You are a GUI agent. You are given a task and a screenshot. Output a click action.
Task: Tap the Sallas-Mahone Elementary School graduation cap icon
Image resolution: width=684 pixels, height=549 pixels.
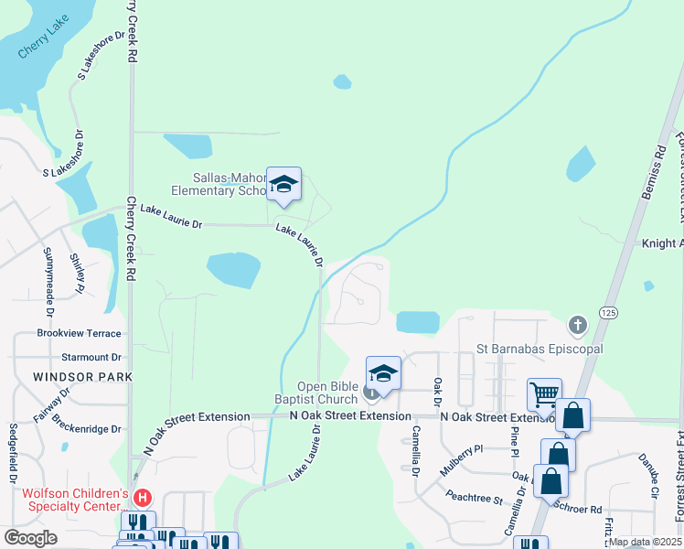point(283,185)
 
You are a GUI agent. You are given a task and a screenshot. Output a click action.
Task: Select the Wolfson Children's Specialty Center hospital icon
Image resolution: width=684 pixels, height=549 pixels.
point(143,499)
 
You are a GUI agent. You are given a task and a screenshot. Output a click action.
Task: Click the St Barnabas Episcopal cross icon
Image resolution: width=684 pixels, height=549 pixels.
point(576,325)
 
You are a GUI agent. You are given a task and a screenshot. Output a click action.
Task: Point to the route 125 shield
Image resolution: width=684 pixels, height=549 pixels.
point(608,313)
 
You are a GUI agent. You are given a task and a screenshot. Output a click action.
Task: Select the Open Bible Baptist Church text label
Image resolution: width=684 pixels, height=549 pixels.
point(316,393)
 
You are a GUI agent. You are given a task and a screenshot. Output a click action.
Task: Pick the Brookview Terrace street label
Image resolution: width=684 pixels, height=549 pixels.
point(79,334)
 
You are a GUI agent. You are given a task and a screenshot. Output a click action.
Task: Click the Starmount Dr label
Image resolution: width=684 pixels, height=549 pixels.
point(91,357)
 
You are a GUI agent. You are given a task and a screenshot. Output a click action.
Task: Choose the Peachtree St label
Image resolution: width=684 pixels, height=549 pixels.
point(475,501)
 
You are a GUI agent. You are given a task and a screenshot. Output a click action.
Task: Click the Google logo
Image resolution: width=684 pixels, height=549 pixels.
point(30,538)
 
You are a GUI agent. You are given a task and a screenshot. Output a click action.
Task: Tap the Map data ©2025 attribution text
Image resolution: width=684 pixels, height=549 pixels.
point(645,542)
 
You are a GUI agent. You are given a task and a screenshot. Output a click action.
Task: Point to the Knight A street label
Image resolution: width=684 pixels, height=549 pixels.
point(662,243)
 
